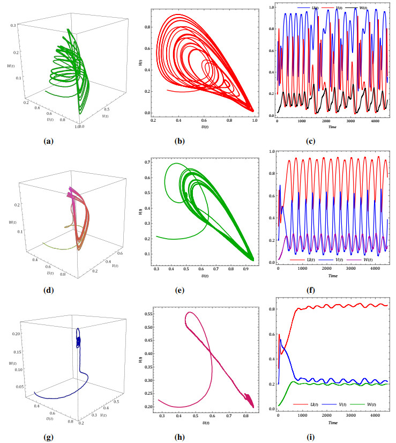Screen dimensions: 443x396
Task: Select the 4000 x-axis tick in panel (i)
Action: (x=375, y=415)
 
